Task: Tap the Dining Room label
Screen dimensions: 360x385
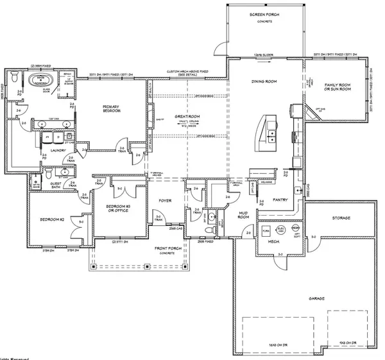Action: (x=263, y=81)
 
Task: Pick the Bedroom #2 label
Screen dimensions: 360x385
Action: (x=51, y=219)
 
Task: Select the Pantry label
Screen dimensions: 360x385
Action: (x=280, y=200)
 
